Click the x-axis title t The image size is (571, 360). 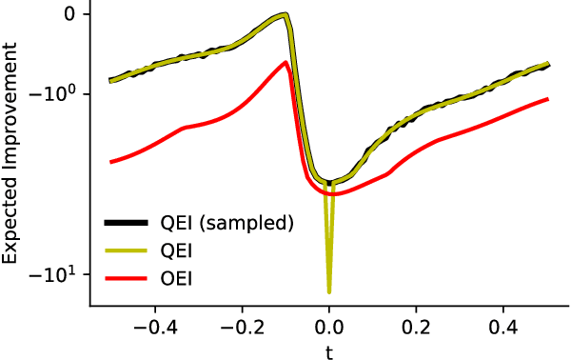(x=329, y=350)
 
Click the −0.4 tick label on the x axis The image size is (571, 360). (x=150, y=326)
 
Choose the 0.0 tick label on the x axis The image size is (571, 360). (x=329, y=326)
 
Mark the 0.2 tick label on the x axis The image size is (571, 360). (x=416, y=326)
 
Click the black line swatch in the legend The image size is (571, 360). (x=125, y=224)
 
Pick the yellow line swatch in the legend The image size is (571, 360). (x=125, y=251)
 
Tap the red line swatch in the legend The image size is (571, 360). (x=125, y=278)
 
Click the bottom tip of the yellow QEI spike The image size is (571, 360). (x=329, y=291)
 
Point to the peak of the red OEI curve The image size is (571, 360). (x=286, y=63)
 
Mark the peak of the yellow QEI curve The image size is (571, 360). (x=285, y=15)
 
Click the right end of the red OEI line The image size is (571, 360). (x=547, y=99)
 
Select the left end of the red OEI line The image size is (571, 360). (x=111, y=162)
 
